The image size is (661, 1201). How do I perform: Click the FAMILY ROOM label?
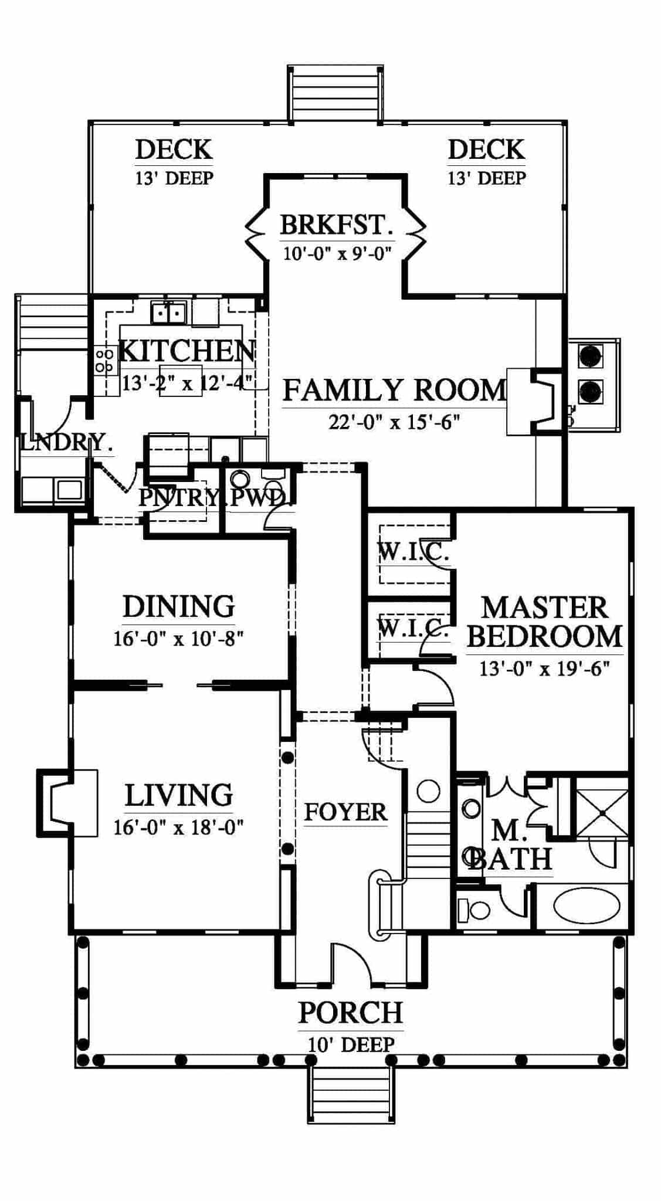click(x=394, y=390)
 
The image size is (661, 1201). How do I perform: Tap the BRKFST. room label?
click(x=336, y=225)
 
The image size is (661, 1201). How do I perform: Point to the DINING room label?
click(x=178, y=606)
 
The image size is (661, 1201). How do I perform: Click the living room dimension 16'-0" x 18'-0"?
click(x=178, y=827)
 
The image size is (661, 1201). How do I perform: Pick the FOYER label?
click(x=345, y=812)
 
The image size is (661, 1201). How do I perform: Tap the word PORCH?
click(x=351, y=1013)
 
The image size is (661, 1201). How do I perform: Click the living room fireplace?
click(x=67, y=802)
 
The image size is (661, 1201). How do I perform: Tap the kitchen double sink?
click(x=168, y=313)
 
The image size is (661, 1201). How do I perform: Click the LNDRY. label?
click(x=66, y=442)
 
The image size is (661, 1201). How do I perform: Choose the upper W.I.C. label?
click(x=413, y=551)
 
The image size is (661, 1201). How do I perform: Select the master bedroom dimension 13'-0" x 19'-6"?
click(x=544, y=669)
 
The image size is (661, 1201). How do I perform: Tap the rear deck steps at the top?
click(x=335, y=94)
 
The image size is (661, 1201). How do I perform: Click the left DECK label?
click(x=174, y=150)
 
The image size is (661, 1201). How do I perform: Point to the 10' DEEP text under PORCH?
click(x=351, y=1044)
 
